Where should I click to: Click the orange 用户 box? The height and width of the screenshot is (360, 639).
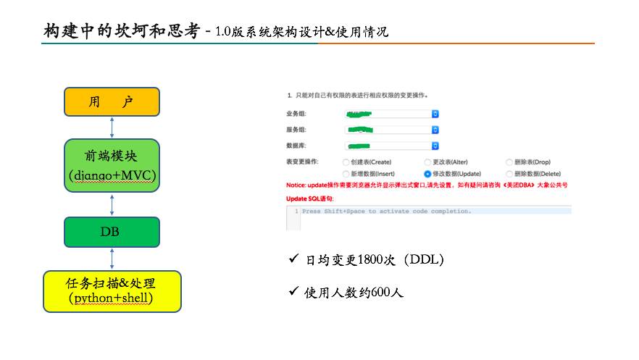tap(112, 101)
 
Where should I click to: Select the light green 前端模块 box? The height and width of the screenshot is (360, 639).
tap(112, 165)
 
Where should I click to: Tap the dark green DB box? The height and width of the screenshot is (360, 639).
tap(112, 232)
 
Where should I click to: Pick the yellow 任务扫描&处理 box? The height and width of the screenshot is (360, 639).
tap(112, 290)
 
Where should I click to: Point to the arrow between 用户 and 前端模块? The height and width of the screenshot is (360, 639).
tap(112, 127)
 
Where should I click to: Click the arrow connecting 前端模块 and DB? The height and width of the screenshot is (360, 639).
tap(112, 204)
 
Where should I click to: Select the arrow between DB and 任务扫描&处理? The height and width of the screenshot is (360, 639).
tap(112, 259)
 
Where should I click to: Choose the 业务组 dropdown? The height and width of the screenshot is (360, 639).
tap(391, 114)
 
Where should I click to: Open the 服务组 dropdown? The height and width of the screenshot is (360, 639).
tap(391, 130)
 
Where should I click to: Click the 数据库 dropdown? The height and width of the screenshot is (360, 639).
tap(391, 146)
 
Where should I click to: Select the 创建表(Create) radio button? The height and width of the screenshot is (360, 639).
tap(346, 162)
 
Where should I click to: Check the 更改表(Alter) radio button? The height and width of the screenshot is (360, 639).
tap(427, 162)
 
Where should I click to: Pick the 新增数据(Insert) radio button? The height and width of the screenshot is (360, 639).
tap(346, 174)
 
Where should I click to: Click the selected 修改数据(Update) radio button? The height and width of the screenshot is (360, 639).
tap(427, 174)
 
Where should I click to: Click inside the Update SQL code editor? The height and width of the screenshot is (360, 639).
tap(435, 217)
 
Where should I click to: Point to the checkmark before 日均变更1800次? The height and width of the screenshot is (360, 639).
tap(293, 259)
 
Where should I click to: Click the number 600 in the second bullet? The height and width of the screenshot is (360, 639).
tap(381, 293)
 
